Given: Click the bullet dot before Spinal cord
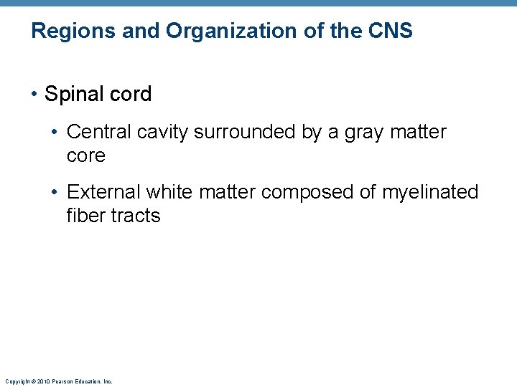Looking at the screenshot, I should coord(35,95).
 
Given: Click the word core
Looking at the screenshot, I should coord(85,156).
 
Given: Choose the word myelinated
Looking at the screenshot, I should coord(429,192).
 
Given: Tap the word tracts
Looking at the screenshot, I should coord(136,215).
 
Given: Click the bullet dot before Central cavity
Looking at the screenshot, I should coord(56,133).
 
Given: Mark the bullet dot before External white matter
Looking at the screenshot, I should coord(56,193).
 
